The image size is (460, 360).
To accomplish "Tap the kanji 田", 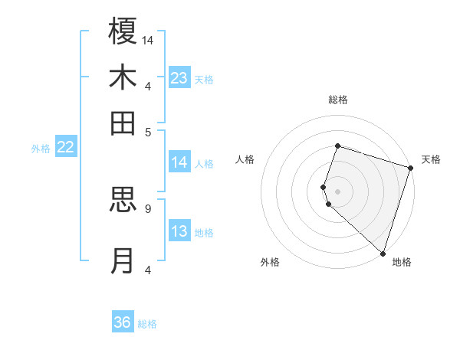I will click(123, 123).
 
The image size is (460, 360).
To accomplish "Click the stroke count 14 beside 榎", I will click(148, 40).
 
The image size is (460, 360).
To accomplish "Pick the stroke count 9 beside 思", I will click(147, 208).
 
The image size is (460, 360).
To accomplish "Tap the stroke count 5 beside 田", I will click(148, 131).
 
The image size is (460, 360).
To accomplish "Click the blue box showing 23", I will click(179, 78).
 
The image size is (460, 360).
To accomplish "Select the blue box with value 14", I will click(179, 162).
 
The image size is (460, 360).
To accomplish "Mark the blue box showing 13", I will click(179, 232).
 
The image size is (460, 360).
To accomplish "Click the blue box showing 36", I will click(123, 322).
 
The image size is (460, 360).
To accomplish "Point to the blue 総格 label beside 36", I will click(147, 324).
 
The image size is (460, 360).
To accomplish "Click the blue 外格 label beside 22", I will click(41, 149).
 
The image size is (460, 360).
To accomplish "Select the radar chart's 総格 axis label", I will click(337, 100).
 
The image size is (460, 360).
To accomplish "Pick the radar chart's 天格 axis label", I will click(431, 159).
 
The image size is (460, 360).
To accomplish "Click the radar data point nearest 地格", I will click(383, 253).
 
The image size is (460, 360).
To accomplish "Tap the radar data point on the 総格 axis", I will click(337, 146).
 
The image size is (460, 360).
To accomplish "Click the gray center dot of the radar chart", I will click(337, 191).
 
